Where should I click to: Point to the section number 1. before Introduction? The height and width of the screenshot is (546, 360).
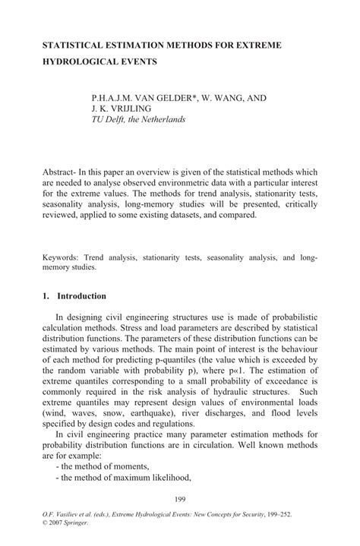[x=46, y=295]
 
